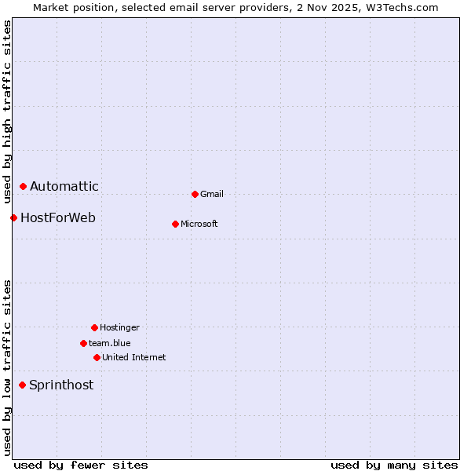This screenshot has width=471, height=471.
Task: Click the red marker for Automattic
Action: (24, 187)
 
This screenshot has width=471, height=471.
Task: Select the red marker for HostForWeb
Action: (13, 217)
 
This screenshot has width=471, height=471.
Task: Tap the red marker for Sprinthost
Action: (23, 385)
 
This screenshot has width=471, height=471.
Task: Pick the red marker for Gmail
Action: (195, 194)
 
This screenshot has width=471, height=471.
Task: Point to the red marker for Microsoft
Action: (175, 224)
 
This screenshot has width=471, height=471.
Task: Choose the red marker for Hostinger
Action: (94, 327)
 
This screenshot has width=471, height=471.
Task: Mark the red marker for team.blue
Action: (83, 343)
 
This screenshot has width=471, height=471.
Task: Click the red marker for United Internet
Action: (97, 357)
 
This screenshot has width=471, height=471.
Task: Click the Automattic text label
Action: (64, 187)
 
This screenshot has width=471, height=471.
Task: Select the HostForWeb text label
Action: (58, 217)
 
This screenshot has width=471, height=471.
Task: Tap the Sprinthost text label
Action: (61, 385)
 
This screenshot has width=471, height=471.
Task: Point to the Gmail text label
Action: (212, 194)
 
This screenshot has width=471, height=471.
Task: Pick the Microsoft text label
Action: (199, 224)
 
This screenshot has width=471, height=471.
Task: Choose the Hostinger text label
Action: (119, 327)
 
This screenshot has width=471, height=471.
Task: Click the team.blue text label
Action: (110, 343)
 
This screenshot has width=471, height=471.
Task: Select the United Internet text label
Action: (134, 357)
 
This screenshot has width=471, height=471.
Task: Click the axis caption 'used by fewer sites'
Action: (81, 465)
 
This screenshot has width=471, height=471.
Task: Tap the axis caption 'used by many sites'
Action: (394, 465)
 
